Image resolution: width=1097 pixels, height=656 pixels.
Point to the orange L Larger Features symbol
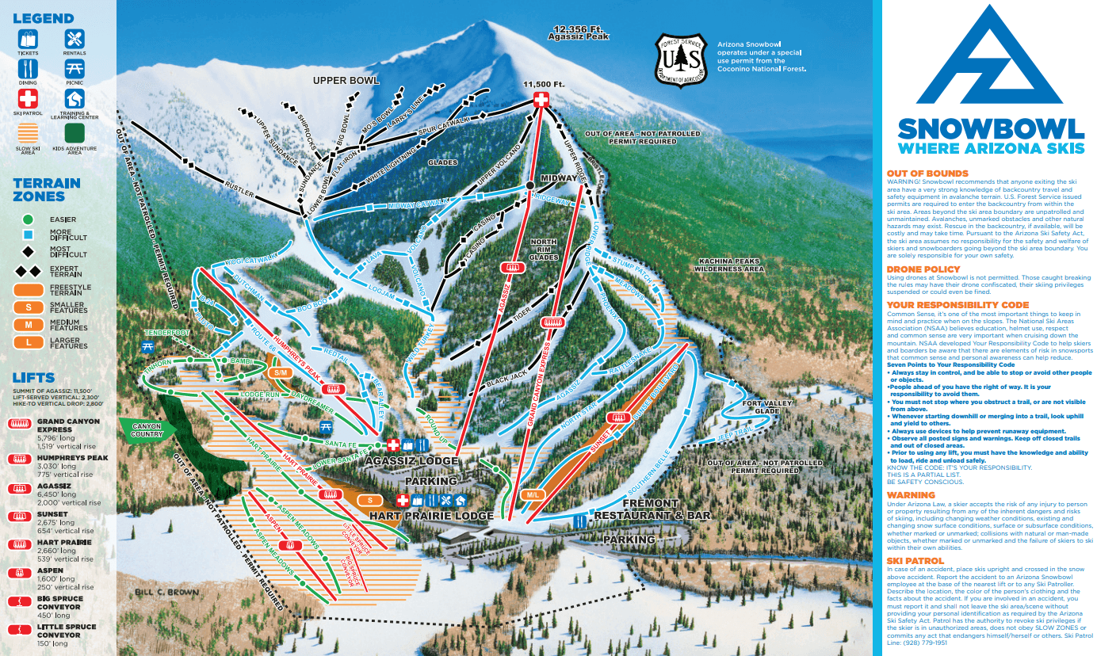[29, 342]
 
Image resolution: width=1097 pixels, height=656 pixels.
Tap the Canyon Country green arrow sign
[145, 430]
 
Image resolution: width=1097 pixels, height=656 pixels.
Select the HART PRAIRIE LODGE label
[421, 516]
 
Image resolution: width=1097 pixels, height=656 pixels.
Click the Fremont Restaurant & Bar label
[652, 509]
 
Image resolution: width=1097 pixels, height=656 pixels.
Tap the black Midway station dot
[529, 185]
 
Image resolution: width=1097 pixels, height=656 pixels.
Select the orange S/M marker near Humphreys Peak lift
[281, 372]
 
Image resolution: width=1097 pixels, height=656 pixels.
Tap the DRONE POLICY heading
[923, 269]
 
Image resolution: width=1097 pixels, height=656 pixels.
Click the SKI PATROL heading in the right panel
[915, 561]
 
